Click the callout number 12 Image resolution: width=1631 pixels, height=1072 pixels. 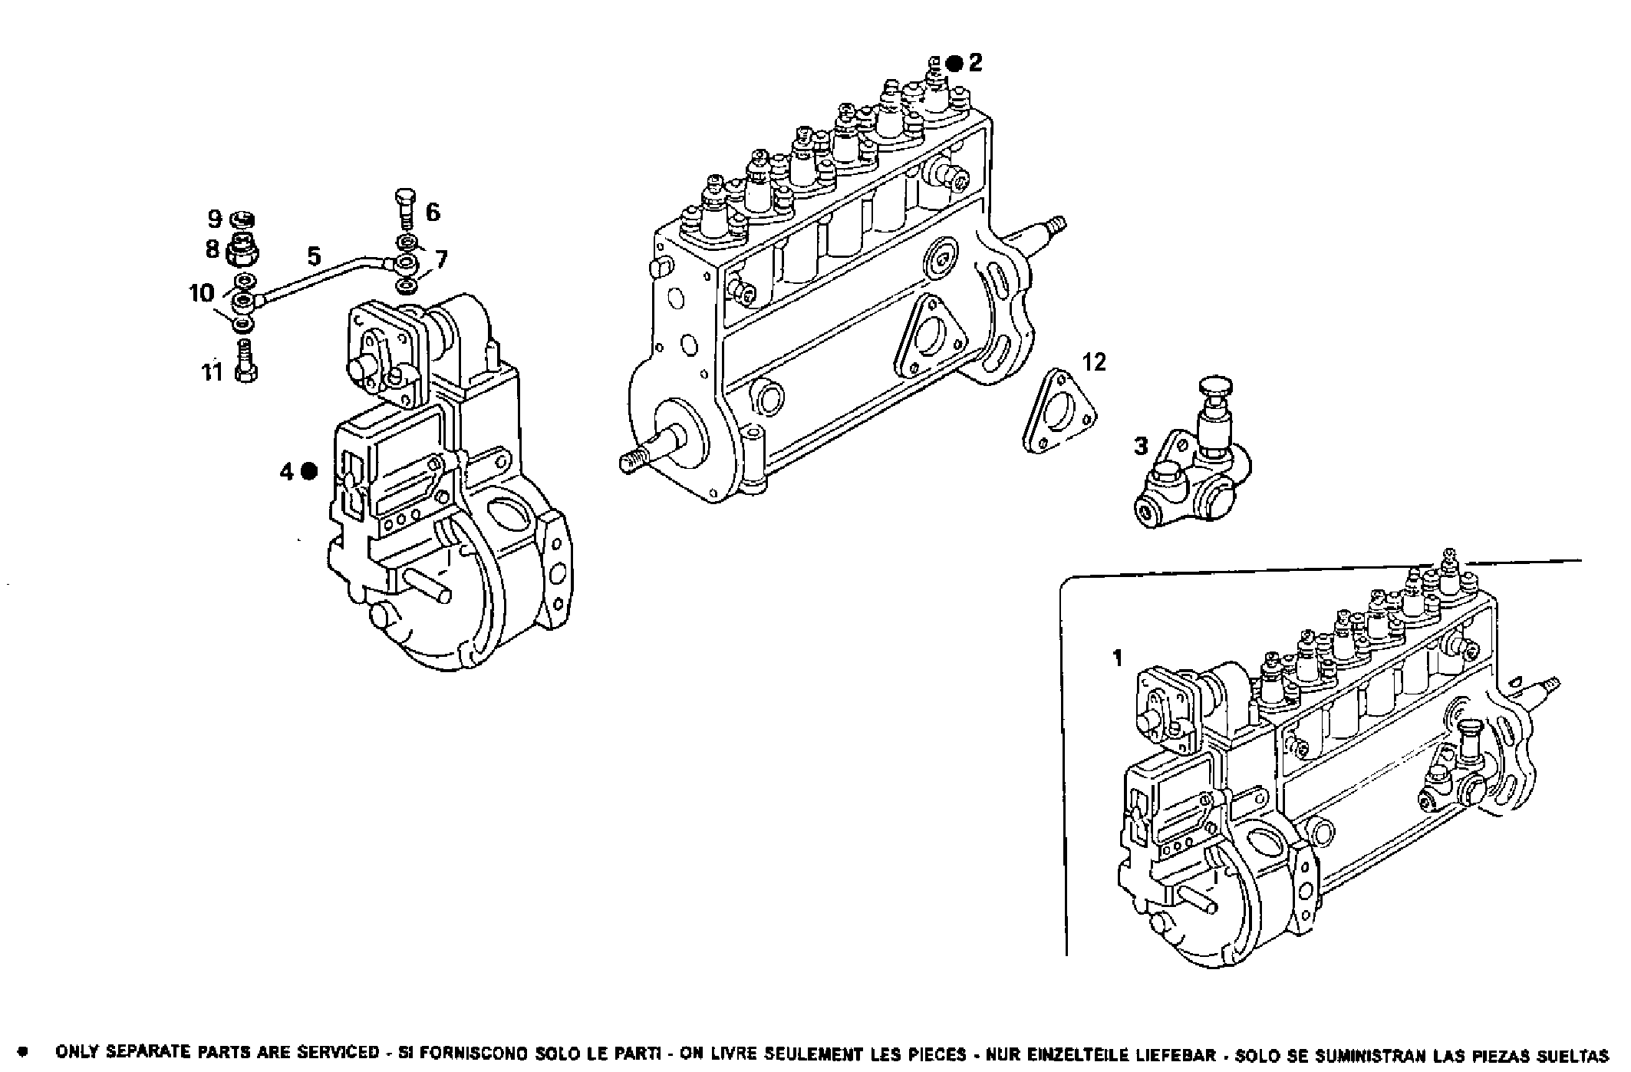[x=1095, y=361]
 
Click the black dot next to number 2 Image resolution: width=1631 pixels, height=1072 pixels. [x=954, y=64]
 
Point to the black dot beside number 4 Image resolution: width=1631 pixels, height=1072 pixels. [x=309, y=472]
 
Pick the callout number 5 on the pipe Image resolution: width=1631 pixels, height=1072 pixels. [x=313, y=256]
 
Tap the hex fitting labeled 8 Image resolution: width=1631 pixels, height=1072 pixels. [x=245, y=249]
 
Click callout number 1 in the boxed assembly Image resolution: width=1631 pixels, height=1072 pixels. [x=1118, y=658]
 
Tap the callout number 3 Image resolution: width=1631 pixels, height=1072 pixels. [x=1141, y=446]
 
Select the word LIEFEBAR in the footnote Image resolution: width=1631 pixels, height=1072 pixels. [x=1178, y=1054]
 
